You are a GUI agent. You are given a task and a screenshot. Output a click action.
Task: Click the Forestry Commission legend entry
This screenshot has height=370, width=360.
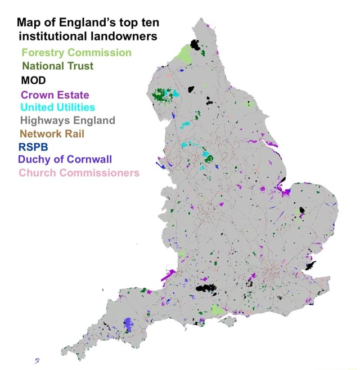[76, 52]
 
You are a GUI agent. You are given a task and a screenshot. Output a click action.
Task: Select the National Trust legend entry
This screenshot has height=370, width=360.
[57, 66]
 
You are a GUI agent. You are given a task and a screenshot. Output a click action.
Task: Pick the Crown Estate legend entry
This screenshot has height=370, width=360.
[55, 94]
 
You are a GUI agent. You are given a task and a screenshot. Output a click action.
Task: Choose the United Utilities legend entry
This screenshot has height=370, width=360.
[57, 107]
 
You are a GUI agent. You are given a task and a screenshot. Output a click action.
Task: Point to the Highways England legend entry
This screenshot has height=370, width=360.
[67, 120]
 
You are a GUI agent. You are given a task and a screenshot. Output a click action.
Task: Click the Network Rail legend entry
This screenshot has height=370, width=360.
[52, 133]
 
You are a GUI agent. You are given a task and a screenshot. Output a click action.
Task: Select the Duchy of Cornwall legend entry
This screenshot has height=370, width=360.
[65, 159]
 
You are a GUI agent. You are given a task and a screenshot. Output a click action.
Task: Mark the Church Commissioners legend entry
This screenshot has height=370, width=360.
[79, 172]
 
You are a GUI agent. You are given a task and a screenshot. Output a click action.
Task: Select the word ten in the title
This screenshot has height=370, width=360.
[149, 23]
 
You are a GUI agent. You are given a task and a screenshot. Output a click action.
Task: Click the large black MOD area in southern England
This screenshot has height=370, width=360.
[206, 289]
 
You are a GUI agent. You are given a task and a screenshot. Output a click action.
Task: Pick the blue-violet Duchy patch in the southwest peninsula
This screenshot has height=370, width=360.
[129, 324]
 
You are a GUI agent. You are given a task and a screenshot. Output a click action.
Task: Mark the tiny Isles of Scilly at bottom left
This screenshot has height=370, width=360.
[37, 360]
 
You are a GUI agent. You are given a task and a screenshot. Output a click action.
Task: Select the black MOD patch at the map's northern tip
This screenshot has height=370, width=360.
[196, 43]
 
